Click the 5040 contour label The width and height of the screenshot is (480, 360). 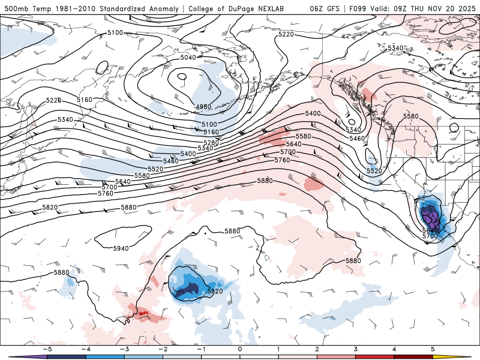[x=188, y=58]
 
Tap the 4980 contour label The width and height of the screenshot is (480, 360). [x=204, y=107]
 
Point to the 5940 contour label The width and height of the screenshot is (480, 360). [x=121, y=248]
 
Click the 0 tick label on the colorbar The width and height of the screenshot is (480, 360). [x=239, y=349]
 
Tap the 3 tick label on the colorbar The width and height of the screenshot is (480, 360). [x=355, y=349]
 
